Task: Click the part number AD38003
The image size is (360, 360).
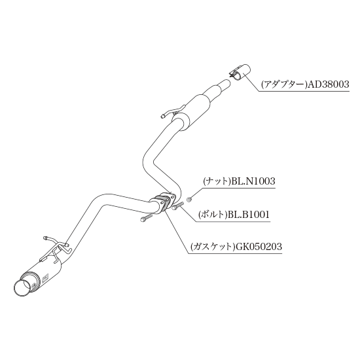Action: click(329, 84)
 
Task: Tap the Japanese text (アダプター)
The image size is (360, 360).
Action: click(284, 84)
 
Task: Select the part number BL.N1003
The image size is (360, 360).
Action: click(253, 181)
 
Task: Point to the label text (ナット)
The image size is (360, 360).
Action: click(217, 181)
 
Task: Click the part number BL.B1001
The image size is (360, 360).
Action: click(248, 215)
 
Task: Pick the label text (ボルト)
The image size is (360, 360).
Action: click(213, 215)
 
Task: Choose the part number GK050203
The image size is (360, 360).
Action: click(257, 247)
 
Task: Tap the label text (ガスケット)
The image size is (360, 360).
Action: click(211, 247)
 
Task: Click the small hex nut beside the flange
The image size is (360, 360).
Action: click(189, 200)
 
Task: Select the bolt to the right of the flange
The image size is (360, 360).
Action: click(178, 206)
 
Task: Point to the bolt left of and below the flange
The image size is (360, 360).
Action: click(146, 217)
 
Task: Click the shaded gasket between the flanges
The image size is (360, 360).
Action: click(163, 203)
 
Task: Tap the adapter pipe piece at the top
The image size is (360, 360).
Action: click(240, 71)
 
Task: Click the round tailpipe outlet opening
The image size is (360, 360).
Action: click(22, 288)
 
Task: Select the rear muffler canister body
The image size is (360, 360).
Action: click(41, 275)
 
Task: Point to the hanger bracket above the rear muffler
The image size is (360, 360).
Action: click(56, 249)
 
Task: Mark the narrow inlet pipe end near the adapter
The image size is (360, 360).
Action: click(226, 83)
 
